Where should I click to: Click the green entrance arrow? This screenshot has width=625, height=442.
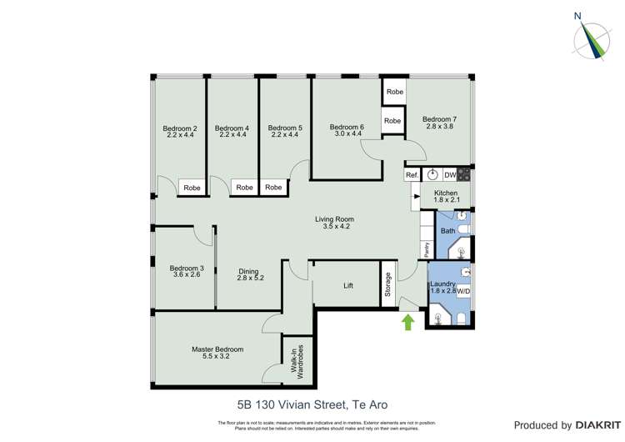tap(408, 321)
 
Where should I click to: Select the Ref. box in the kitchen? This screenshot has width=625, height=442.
tap(412, 175)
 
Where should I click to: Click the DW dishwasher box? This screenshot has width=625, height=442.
tap(449, 175)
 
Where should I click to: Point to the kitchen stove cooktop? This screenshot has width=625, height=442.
tap(464, 175)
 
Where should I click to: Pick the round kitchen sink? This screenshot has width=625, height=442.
tap(432, 175)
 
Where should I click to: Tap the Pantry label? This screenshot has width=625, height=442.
tap(426, 248)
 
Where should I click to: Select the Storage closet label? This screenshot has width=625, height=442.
tap(387, 284)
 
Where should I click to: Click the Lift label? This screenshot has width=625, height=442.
tap(348, 285)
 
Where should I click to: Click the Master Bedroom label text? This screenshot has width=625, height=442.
tap(217, 349)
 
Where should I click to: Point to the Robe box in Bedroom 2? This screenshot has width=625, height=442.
tap(192, 188)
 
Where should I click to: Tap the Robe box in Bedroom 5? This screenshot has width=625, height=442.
tap(273, 188)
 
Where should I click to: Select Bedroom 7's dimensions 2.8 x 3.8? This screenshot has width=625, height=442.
tap(438, 128)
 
